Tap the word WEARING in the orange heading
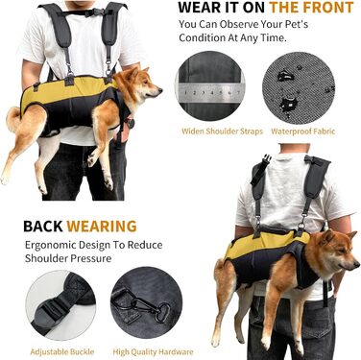pyautogui.click(x=102, y=227)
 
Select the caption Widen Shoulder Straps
pyautogui.click(x=222, y=132)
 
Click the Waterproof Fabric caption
pyautogui.click(x=302, y=132)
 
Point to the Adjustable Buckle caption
pyautogui.click(x=62, y=351)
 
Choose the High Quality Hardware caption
pyautogui.click(x=153, y=352)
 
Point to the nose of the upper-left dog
pyautogui.click(x=160, y=90)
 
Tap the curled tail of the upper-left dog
pyautogui.click(x=13, y=119)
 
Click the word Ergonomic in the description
pyautogui.click(x=50, y=245)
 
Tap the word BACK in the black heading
pyautogui.click(x=43, y=227)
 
